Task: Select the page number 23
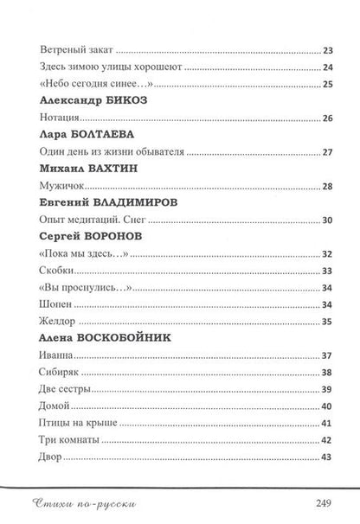(x=326, y=51)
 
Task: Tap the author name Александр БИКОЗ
(x=89, y=100)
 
